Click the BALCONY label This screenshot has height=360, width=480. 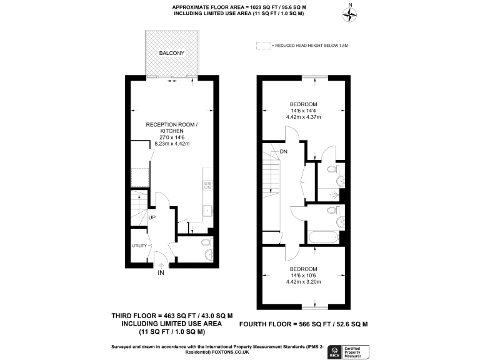[x=171, y=54]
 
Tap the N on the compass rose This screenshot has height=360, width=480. [x=350, y=6]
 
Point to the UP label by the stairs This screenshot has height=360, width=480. [x=152, y=217]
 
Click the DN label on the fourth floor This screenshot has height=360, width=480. [x=284, y=152]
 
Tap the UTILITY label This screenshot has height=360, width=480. [x=139, y=246]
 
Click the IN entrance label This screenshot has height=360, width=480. [x=161, y=273]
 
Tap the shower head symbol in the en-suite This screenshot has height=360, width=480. [x=339, y=195]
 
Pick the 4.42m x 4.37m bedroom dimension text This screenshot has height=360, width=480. [x=303, y=117]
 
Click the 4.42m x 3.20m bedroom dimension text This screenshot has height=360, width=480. [x=303, y=282]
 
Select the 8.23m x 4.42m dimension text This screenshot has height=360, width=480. [x=172, y=144]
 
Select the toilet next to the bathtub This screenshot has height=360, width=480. [x=339, y=222]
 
